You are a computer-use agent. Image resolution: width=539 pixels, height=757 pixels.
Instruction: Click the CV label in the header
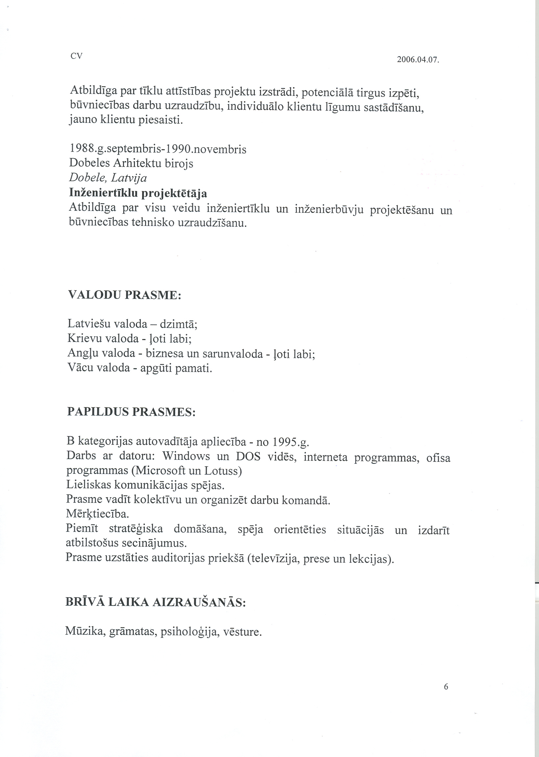[x=76, y=56]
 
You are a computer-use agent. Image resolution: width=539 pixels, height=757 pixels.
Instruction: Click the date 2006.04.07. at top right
[x=418, y=60]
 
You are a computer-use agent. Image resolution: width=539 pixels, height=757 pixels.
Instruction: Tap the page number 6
[x=446, y=687]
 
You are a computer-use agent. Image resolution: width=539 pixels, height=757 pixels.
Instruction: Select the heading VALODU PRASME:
[x=124, y=295]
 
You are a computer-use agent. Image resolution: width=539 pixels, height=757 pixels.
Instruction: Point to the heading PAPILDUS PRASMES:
[x=132, y=412]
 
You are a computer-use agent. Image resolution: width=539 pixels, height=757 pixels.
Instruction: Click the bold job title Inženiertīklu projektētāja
[x=138, y=193]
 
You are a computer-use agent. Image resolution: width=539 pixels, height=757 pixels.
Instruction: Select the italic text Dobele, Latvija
[x=108, y=178]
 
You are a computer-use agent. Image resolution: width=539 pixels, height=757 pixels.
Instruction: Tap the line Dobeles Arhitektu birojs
[x=131, y=163]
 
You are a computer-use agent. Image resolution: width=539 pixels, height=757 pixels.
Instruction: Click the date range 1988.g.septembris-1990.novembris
[x=158, y=149]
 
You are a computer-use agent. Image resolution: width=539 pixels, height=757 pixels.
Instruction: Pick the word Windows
[x=186, y=456]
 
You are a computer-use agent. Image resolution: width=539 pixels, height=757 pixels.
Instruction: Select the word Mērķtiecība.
[x=98, y=514]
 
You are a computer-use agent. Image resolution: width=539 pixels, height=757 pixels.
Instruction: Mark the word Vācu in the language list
[x=80, y=368]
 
